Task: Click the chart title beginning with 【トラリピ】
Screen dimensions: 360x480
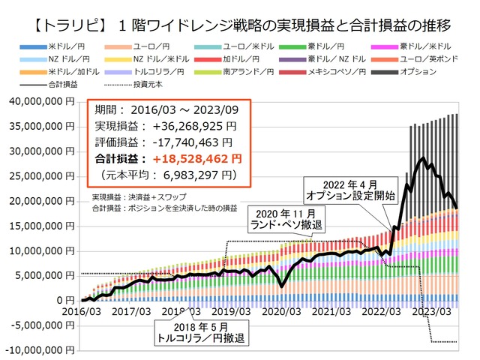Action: coord(240,13)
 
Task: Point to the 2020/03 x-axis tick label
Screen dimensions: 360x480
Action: coord(280,311)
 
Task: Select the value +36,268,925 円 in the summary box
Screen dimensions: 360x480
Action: coord(195,125)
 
